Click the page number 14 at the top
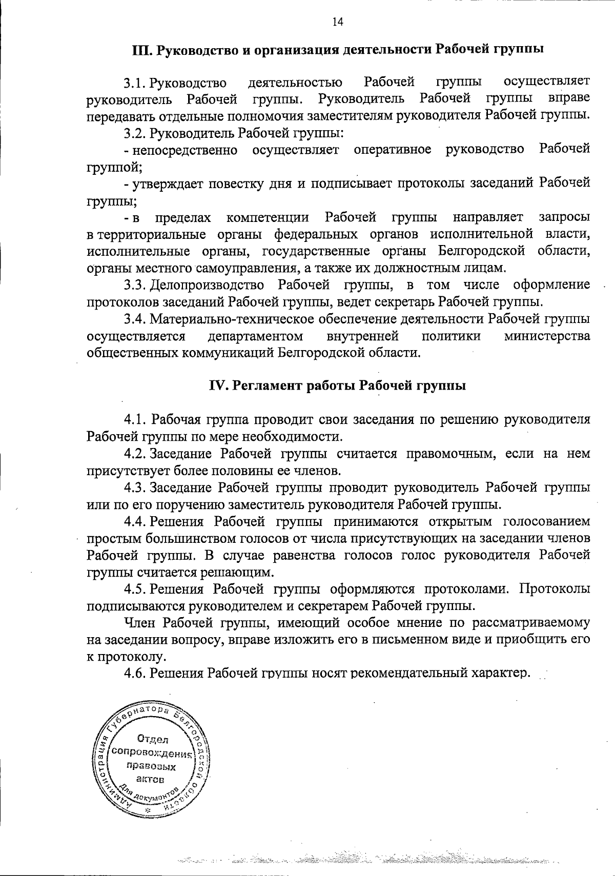(337, 22)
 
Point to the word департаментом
(255, 336)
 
